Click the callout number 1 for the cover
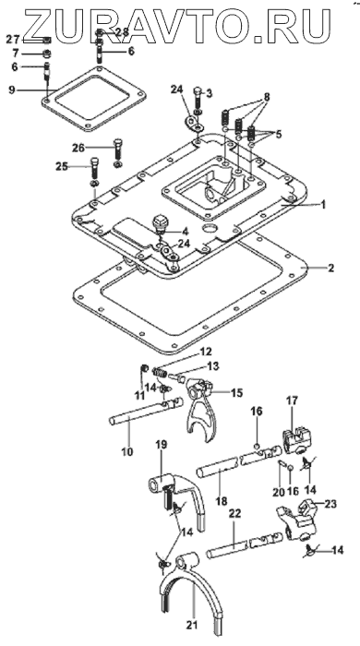(323, 204)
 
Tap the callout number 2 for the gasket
(330, 269)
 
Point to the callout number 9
(12, 89)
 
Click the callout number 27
(12, 40)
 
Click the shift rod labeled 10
(146, 411)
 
